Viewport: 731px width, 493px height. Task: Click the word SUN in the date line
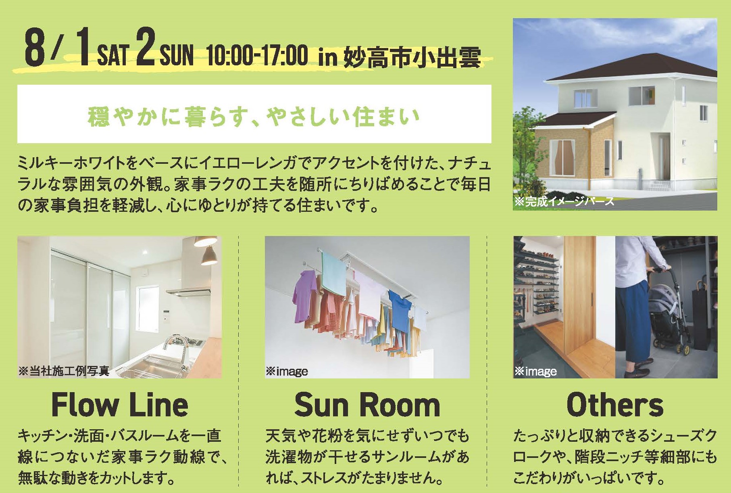coord(177,55)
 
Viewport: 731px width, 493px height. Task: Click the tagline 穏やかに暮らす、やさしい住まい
coord(254,116)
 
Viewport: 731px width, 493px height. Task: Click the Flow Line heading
coord(120,405)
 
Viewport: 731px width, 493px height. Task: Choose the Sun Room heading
coord(367,405)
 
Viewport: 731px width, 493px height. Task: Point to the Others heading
coord(615,405)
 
